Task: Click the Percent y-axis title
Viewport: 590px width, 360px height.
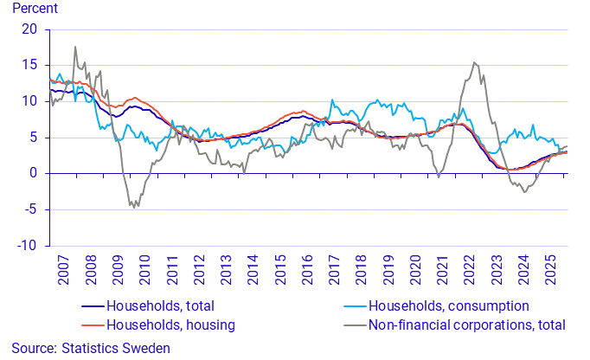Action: (35, 10)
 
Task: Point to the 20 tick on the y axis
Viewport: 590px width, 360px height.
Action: (31, 29)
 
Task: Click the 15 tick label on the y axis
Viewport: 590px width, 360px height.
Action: (31, 65)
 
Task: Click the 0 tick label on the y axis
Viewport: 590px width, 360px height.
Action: (35, 173)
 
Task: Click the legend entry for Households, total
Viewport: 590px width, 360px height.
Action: (159, 305)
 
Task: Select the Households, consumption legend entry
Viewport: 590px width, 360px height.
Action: (448, 305)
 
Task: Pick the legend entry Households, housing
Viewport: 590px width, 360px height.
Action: (169, 325)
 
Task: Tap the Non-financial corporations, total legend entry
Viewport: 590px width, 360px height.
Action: (466, 325)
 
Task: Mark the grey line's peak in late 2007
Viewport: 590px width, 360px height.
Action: (75, 47)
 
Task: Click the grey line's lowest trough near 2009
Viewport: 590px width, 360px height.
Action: (136, 207)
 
